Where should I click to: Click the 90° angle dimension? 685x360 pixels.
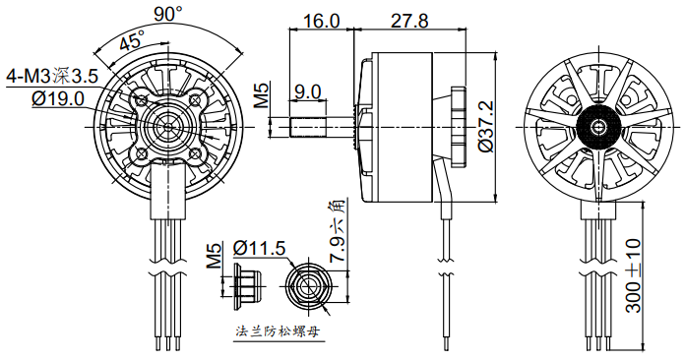point(168,13)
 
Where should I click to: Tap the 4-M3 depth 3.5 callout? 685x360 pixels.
point(51,76)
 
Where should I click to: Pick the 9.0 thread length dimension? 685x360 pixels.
point(307,91)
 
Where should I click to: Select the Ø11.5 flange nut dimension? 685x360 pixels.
point(261,247)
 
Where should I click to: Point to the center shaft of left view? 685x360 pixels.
point(163,126)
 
